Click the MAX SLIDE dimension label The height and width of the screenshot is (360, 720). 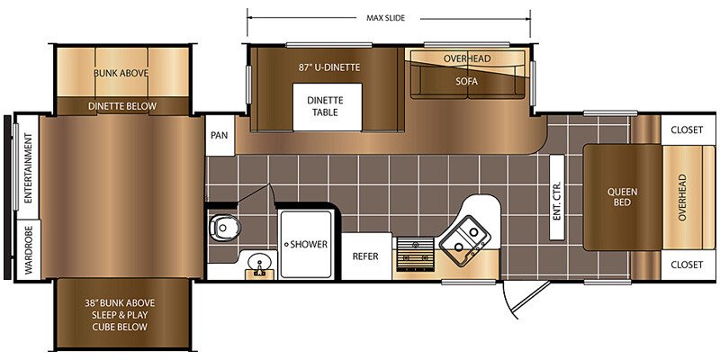pyautogui.click(x=391, y=17)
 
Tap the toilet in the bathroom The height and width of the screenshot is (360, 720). pyautogui.click(x=220, y=228)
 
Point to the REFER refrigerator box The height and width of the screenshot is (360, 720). pyautogui.click(x=365, y=256)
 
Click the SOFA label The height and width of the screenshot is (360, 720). pyautogui.click(x=467, y=81)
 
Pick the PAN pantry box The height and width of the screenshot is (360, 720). pyautogui.click(x=219, y=136)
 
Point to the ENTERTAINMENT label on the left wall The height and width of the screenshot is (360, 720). pyautogui.click(x=27, y=168)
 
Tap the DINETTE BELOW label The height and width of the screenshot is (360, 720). pyautogui.click(x=121, y=106)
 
